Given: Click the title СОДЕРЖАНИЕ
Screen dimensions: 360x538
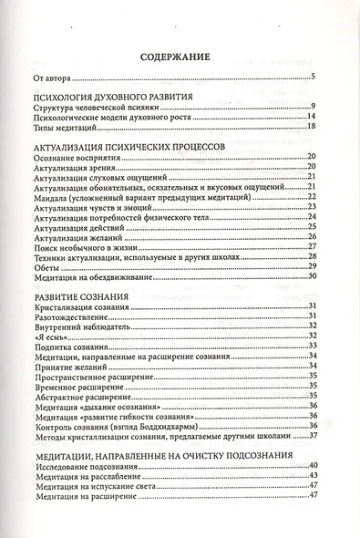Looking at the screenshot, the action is pyautogui.click(x=178, y=57).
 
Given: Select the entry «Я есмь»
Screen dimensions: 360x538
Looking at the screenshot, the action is pyautogui.click(x=46, y=336).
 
